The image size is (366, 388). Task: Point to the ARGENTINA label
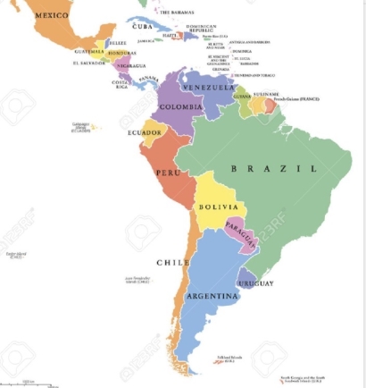tap(212, 295)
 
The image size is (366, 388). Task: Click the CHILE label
tap(172, 263)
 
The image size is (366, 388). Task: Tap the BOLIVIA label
tap(217, 207)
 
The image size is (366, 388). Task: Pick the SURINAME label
tap(265, 93)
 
